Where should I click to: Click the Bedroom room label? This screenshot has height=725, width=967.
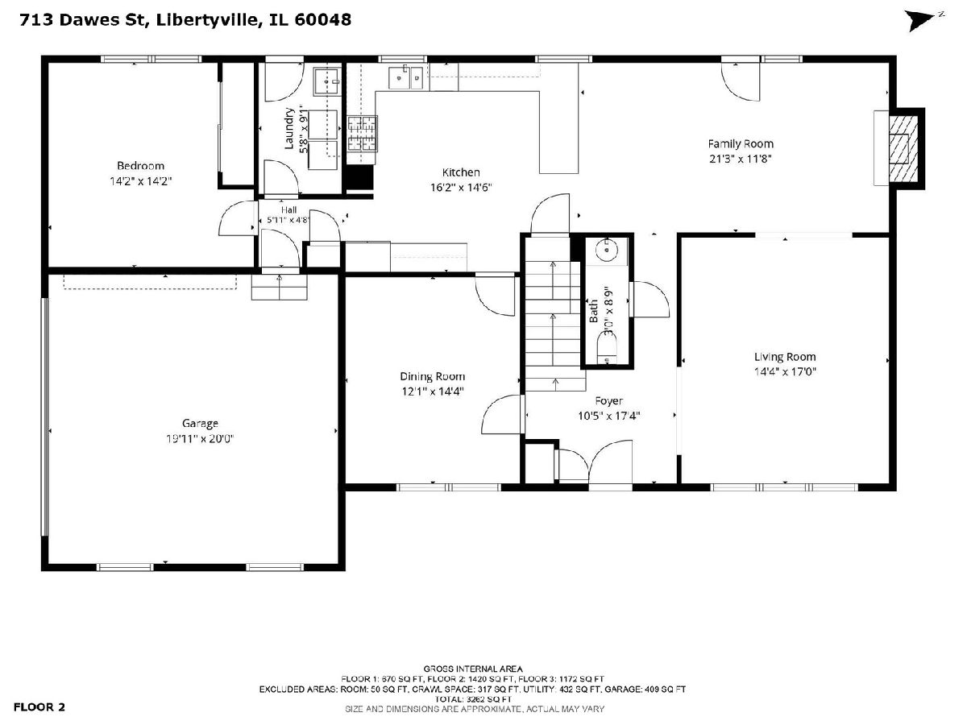tap(140, 165)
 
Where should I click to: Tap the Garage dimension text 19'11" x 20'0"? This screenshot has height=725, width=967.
tap(200, 438)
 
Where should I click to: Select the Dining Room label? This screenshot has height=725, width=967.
tap(432, 376)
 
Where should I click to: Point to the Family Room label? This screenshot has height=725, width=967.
tap(741, 144)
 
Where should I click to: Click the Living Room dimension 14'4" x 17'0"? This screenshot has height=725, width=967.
tap(785, 371)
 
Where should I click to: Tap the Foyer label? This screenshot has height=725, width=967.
tap(609, 401)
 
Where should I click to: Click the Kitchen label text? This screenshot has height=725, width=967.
tap(461, 172)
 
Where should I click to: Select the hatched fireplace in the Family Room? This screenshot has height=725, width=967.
tap(903, 149)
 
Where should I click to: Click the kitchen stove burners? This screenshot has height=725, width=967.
tap(362, 134)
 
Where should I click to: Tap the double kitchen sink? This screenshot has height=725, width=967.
tap(406, 77)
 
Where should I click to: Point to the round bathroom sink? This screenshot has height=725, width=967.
tap(607, 251)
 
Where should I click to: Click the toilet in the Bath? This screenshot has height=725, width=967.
tap(607, 348)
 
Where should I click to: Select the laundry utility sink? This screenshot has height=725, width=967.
tap(326, 81)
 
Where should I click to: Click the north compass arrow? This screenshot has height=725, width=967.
tap(919, 21)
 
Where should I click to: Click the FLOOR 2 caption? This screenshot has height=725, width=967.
tap(39, 707)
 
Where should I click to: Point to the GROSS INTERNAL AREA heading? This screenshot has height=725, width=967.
tap(473, 669)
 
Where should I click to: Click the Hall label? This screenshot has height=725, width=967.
tap(288, 210)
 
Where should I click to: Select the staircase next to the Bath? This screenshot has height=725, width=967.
tap(555, 325)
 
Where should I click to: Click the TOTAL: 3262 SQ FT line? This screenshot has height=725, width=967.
tap(473, 699)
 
